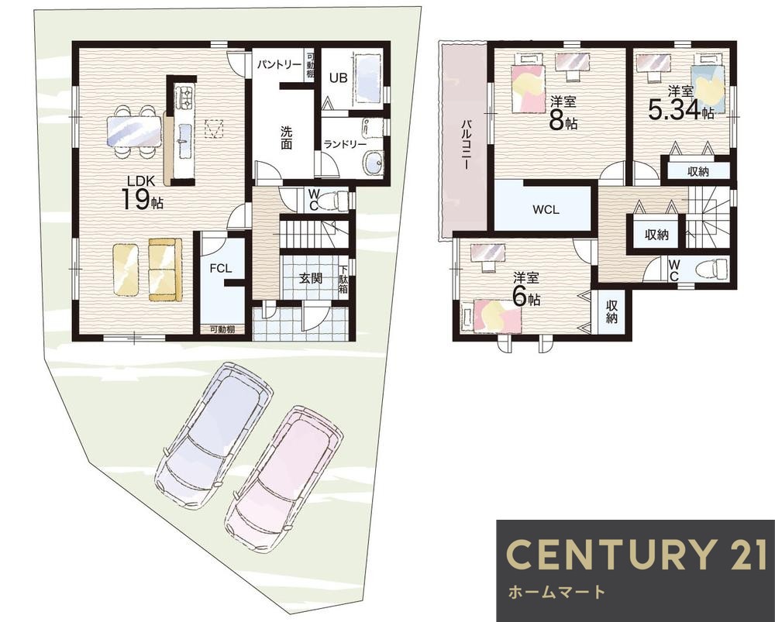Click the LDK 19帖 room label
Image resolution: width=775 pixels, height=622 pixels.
click(x=143, y=194)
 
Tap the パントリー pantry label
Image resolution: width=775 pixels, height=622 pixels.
click(x=279, y=65)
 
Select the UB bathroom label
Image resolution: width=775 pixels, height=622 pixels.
click(x=339, y=77)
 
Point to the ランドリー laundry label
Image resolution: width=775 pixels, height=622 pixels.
click(x=345, y=144)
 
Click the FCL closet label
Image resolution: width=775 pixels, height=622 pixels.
click(x=220, y=268)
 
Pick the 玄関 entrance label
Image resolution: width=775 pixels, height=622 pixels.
click(x=311, y=278)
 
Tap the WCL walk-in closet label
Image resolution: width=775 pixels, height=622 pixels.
click(x=546, y=209)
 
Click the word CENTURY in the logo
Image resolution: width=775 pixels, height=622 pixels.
click(x=605, y=555)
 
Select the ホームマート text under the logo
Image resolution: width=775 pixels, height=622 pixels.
click(x=556, y=592)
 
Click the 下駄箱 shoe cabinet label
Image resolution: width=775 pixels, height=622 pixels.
click(x=343, y=280)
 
